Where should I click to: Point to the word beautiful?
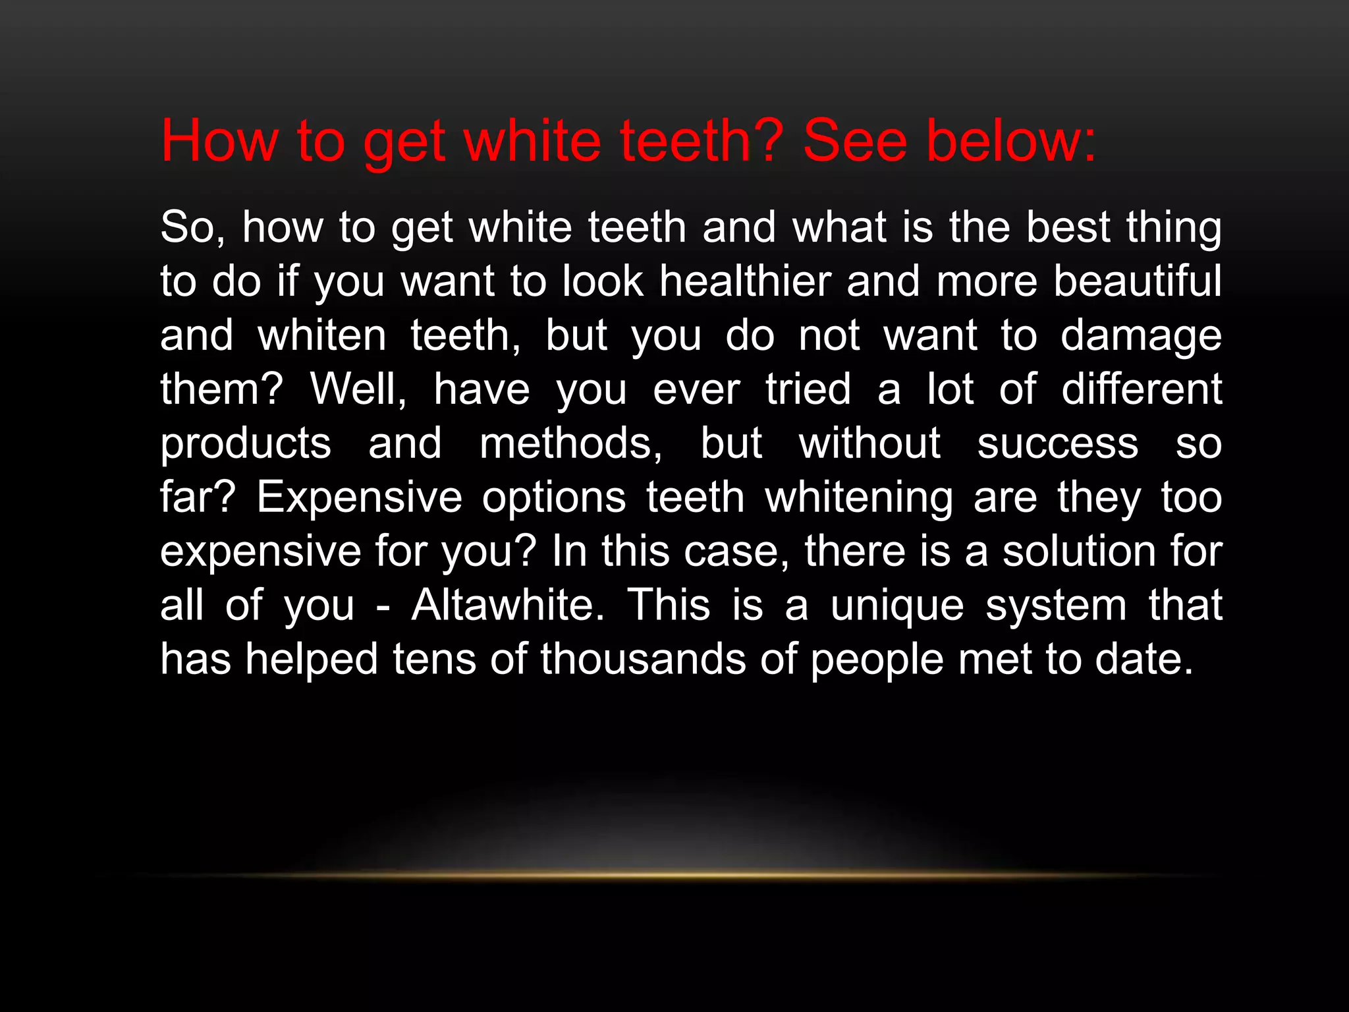point(1138,281)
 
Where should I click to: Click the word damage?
point(1141,336)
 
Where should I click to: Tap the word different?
point(1142,389)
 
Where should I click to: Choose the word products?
point(246,444)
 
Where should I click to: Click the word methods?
point(570,444)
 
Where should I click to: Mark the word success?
point(1058,444)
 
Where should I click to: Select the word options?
point(554,497)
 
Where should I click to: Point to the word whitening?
point(858,497)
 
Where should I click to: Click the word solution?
point(1079,551)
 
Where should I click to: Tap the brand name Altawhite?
point(508,605)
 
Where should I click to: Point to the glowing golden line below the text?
point(674,876)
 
